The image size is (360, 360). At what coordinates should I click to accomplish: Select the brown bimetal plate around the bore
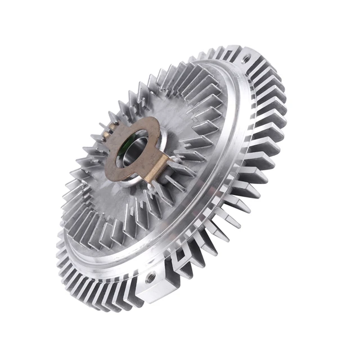click(x=121, y=169)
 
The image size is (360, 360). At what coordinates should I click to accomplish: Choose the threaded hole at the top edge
click(x=246, y=57)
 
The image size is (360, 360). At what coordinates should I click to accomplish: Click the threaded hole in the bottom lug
click(x=151, y=277)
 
